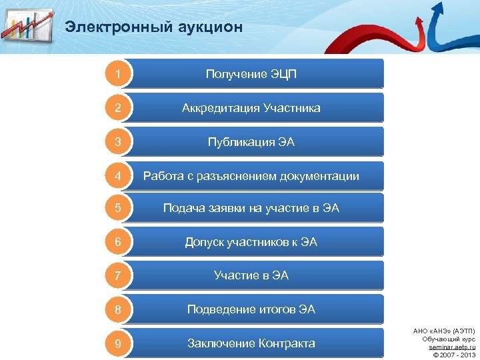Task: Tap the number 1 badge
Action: point(118,74)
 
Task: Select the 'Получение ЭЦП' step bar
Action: point(251,74)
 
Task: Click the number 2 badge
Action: point(118,108)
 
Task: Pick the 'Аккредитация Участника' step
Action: point(251,108)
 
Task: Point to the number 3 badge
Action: point(118,142)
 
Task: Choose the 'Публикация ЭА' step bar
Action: point(251,142)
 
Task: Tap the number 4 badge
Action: point(118,176)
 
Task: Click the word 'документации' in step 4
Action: point(322,177)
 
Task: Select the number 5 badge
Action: point(118,209)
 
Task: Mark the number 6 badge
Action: point(118,242)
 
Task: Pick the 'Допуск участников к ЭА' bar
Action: point(251,242)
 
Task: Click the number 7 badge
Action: point(118,275)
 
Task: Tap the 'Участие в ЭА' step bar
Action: point(251,275)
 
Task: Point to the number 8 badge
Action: point(118,309)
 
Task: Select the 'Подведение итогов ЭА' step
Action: point(251,309)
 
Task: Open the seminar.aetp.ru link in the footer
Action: point(452,347)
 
